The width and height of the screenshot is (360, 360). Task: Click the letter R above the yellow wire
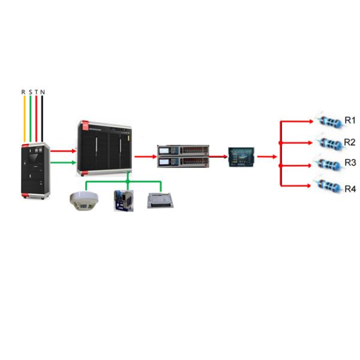coord(23,92)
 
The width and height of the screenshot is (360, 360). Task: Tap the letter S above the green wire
coord(30,92)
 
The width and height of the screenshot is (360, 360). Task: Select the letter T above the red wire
coord(36,92)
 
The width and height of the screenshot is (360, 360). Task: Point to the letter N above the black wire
coord(43,92)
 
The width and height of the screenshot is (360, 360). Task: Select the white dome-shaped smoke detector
coord(83,200)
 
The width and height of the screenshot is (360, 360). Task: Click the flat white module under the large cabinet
coord(161,200)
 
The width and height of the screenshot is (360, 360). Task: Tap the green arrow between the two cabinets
coord(62,161)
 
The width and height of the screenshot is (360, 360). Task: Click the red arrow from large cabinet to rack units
coord(144,156)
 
